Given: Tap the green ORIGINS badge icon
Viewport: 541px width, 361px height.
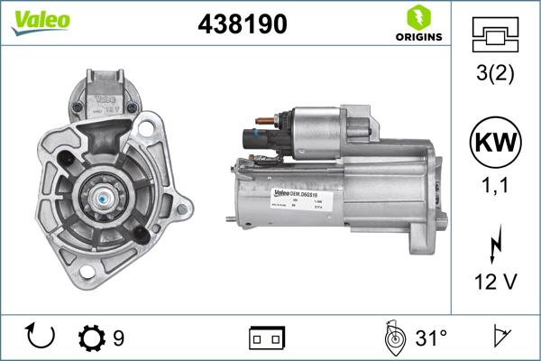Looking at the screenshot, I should point(417,17).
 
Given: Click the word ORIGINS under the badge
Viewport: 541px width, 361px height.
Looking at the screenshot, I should point(417,38).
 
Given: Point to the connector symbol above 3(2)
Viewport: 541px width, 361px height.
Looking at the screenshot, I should point(495,35).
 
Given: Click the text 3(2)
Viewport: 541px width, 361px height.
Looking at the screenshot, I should point(495,74).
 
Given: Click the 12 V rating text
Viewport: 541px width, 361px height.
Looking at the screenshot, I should point(495,283).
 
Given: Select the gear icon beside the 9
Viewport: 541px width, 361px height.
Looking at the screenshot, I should point(92,338).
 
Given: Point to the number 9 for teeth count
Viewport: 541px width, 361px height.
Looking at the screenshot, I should point(119,338).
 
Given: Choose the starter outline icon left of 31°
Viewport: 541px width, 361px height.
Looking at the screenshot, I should point(393,338).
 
